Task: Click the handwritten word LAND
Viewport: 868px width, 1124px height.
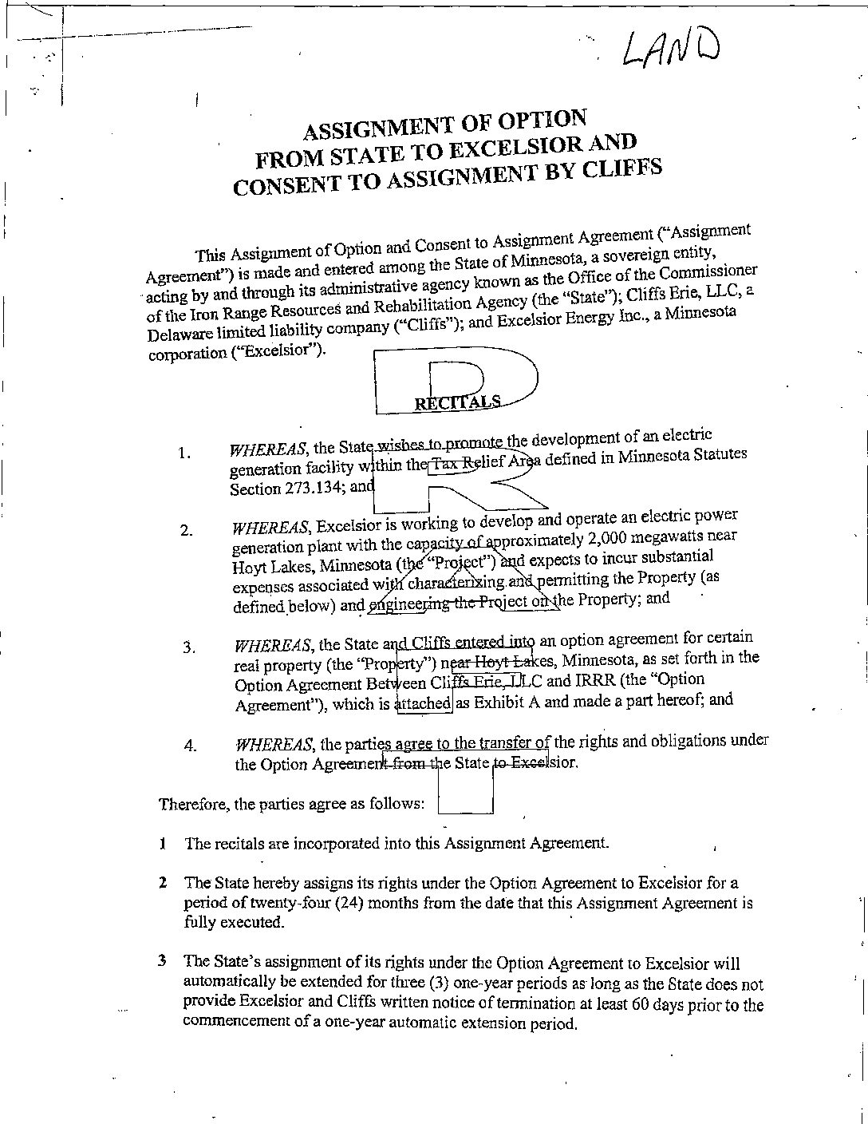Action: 671,48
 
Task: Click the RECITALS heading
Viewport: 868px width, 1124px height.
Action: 457,402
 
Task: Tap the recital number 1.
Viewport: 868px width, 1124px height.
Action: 184,453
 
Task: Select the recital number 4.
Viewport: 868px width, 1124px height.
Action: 190,746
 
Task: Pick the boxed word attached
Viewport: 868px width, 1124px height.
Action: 424,703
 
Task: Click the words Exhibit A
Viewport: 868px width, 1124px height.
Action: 501,702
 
